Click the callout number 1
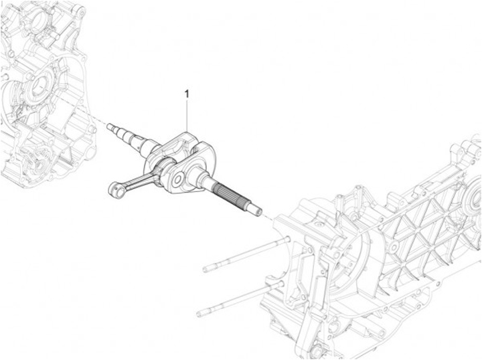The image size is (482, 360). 187,94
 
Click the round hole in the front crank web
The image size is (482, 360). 179,179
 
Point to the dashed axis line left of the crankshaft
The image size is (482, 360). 97,117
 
